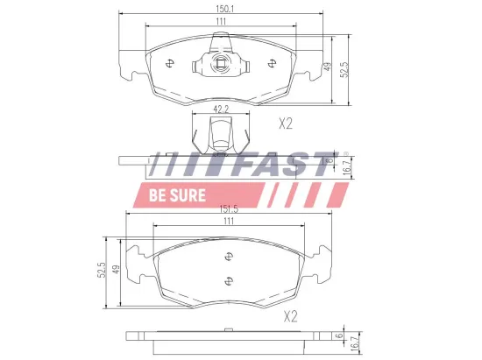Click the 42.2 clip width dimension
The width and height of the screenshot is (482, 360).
(x=221, y=110)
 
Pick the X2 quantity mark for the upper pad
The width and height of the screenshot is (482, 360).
(x=285, y=124)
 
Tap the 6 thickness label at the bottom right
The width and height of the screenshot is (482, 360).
(x=338, y=336)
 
